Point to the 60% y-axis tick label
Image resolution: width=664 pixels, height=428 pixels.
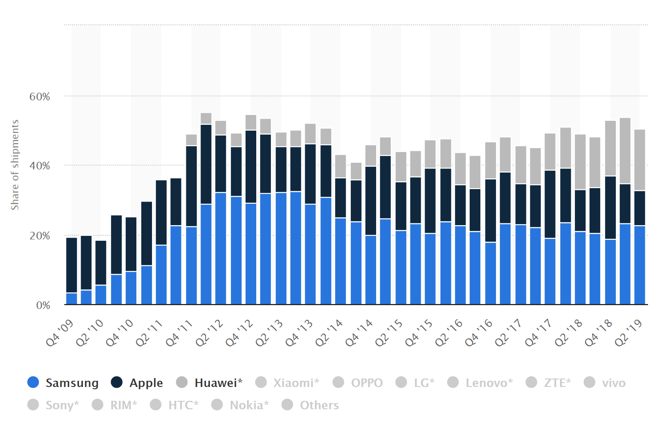40,97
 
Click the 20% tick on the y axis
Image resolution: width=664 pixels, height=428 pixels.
40,236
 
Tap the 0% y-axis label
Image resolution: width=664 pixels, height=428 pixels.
43,305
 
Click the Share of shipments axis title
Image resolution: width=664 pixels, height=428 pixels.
15,165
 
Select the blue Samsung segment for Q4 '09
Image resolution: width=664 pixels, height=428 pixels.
72,299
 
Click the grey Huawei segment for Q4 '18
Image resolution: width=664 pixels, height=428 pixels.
610,148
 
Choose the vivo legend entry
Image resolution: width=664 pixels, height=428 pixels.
613,383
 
